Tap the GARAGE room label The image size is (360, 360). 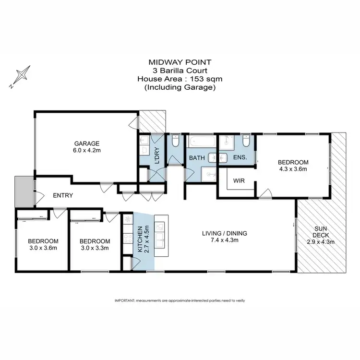point(86,143)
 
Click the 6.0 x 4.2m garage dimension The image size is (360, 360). point(86,150)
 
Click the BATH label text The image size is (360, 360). point(197,157)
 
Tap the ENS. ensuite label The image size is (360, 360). point(240,157)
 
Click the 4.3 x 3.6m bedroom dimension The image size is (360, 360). point(292,169)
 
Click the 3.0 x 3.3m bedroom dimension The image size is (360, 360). point(95,248)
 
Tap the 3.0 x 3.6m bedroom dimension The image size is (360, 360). point(43,248)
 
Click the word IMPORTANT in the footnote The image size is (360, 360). point(124,300)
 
